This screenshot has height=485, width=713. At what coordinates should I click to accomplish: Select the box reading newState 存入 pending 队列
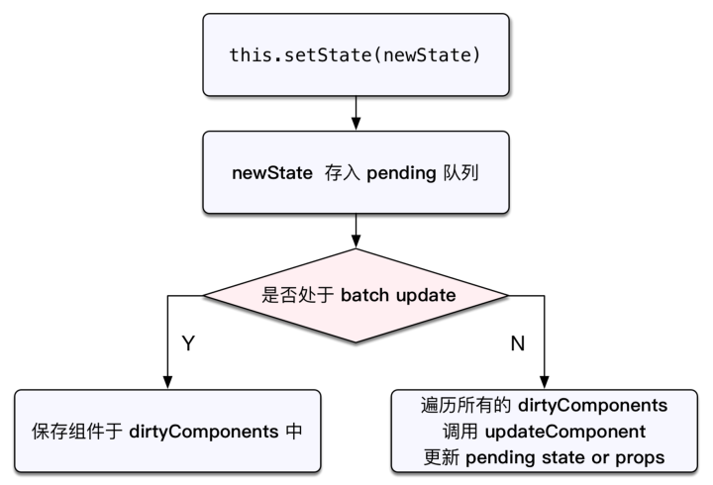(356, 174)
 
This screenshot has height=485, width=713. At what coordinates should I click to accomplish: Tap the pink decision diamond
(356, 295)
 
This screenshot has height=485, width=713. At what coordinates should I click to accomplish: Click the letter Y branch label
(187, 342)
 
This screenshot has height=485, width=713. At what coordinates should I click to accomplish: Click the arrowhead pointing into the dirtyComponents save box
(167, 382)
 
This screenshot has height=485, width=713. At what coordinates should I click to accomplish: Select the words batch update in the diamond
(402, 295)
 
